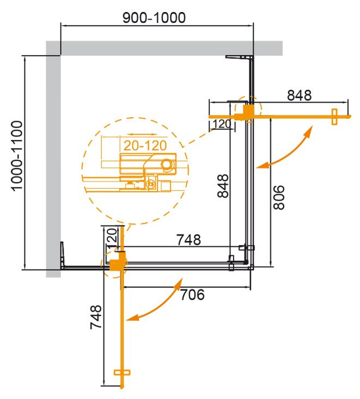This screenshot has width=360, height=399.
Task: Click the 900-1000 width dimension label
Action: click(x=154, y=17)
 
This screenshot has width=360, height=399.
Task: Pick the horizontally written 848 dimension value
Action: click(x=299, y=95)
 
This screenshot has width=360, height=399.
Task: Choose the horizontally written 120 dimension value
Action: click(x=221, y=124)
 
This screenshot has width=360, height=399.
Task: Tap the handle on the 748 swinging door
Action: click(x=123, y=373)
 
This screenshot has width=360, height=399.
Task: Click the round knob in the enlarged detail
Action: click(x=167, y=164)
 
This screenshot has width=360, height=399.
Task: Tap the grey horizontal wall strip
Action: click(x=163, y=48)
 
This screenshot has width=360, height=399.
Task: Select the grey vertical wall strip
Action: click(x=53, y=164)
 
